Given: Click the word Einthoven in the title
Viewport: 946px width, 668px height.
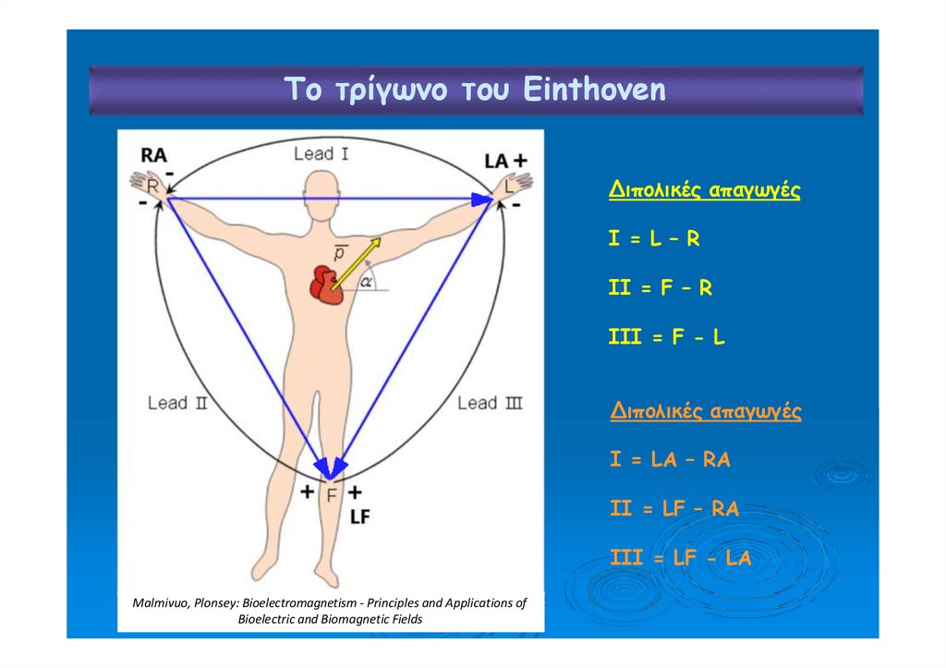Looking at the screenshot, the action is pos(594,91).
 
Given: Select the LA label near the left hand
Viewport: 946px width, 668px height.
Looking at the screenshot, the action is pos(495,161).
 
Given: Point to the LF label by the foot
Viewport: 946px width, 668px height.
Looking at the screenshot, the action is pos(359,517).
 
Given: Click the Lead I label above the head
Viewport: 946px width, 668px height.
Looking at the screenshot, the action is pos(321,153).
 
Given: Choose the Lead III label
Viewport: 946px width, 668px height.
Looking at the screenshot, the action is pos(491,403).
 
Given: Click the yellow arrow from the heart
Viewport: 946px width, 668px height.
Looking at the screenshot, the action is pos(357,261).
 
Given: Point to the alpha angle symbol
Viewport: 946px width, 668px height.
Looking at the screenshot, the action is pos(366,283).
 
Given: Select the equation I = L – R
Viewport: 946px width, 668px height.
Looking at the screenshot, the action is pos(654,239).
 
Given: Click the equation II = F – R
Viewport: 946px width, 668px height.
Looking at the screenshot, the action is pos(660,288).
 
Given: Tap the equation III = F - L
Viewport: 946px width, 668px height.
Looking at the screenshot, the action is pos(666,337).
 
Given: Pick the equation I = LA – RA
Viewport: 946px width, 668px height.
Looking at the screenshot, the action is pos(670,459).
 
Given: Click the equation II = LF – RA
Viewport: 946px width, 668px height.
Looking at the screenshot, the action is pos(674,508).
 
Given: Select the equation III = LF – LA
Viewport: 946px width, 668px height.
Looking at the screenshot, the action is pos(680,558).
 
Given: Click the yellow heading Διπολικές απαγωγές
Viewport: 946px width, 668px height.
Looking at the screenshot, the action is pos(704,190).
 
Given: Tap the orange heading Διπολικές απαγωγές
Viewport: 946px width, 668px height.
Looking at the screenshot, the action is pos(706,411).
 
